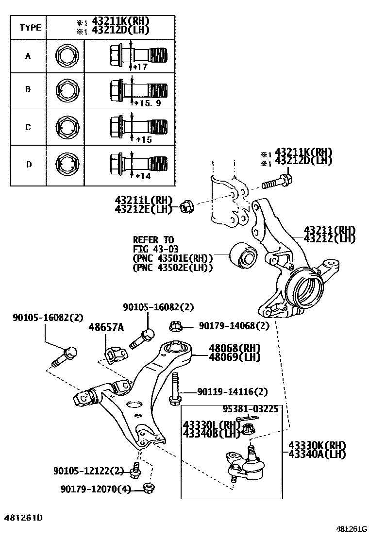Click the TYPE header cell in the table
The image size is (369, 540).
point(30,27)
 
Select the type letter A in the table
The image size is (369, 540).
point(28,56)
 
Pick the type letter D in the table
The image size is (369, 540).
point(29,164)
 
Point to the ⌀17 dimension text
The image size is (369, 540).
point(139,67)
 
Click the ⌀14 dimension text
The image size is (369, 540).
point(143,176)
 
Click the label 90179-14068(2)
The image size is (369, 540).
point(233,326)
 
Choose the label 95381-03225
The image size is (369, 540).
point(251,409)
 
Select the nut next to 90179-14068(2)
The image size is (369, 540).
point(176,327)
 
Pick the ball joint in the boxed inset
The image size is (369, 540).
point(247,463)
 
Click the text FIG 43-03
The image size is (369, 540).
point(153,249)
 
